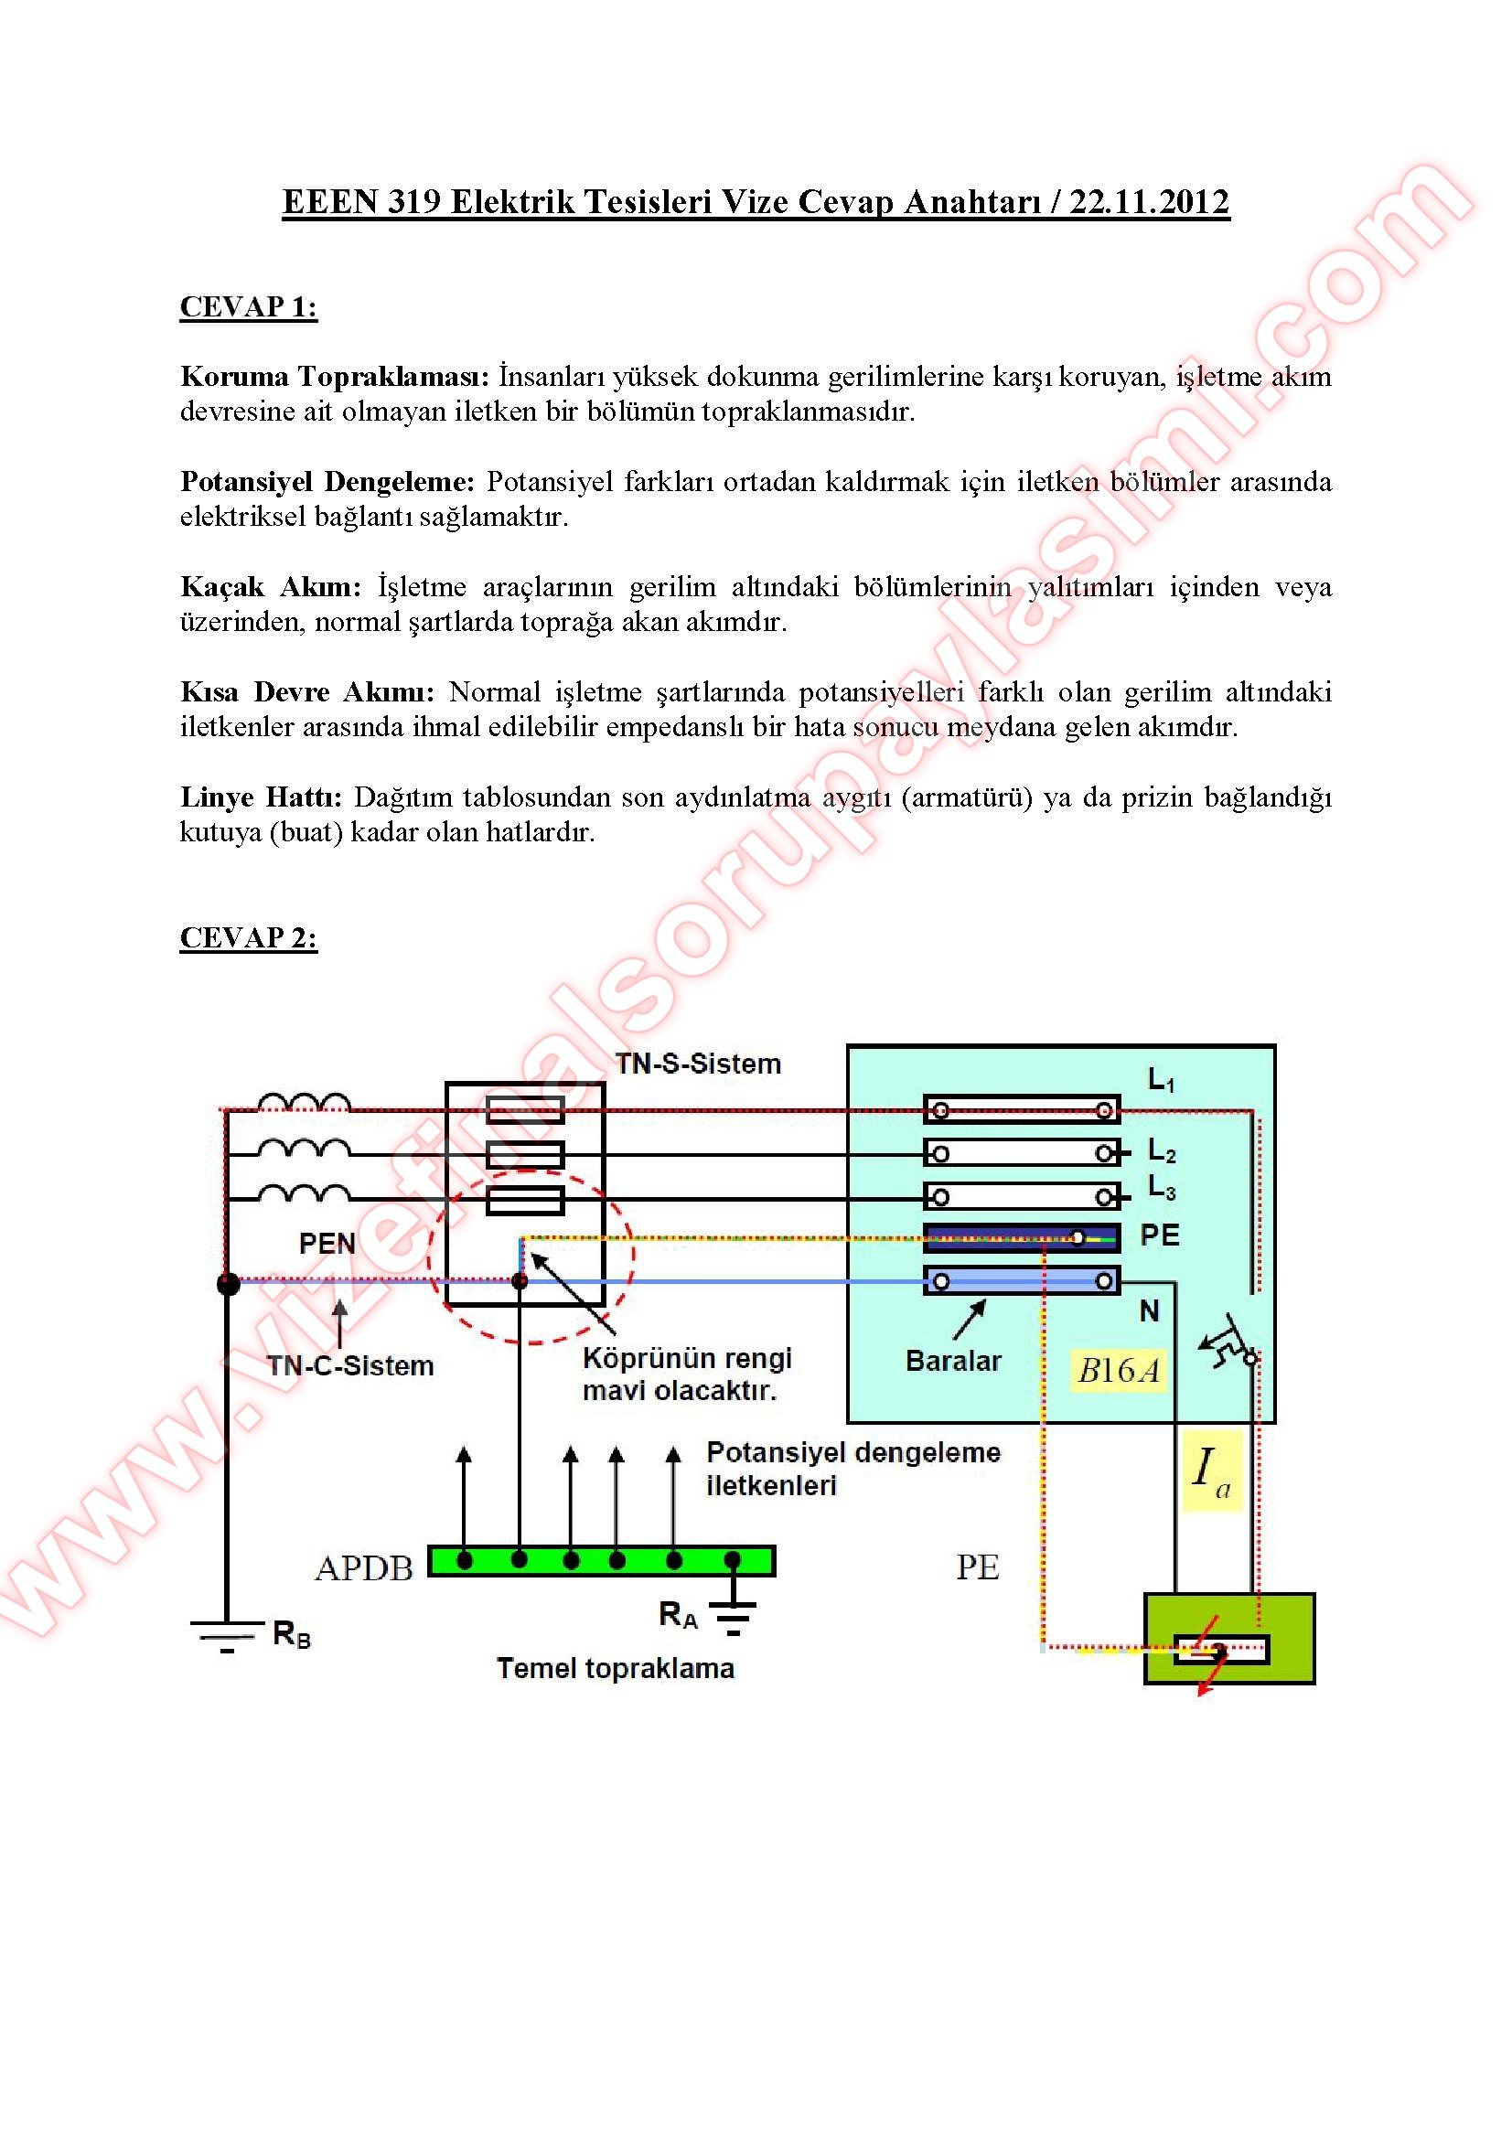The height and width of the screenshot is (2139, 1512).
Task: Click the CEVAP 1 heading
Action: click(248, 306)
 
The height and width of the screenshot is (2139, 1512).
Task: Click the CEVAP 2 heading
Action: click(248, 937)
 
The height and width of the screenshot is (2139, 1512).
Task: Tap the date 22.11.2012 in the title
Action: click(1149, 202)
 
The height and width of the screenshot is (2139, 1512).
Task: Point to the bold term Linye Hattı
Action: click(261, 797)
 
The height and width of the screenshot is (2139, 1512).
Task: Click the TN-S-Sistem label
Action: click(698, 1064)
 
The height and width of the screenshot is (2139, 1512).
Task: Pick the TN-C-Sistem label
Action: click(350, 1365)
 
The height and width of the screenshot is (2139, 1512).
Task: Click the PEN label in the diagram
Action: click(327, 1243)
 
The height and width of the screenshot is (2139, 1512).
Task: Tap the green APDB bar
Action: click(601, 1560)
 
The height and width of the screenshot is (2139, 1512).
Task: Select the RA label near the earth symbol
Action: click(677, 1614)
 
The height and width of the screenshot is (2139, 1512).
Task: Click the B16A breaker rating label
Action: click(1118, 1371)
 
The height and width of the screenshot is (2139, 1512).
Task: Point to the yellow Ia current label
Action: click(1211, 1471)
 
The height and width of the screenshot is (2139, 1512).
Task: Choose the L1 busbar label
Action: click(1161, 1081)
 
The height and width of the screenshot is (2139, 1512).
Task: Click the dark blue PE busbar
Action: click(1021, 1237)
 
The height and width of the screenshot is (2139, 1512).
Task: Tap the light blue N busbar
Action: click(1021, 1281)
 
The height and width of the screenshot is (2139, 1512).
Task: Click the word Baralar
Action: click(953, 1361)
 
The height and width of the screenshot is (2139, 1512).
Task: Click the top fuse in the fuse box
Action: click(525, 1110)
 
